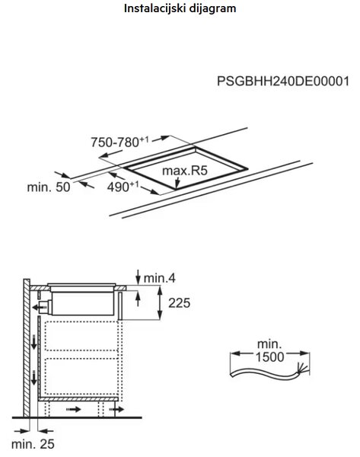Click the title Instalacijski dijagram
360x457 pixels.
[180, 8]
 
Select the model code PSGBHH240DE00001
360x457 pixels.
[283, 81]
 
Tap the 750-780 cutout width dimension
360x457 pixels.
[119, 142]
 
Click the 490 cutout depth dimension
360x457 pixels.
[123, 187]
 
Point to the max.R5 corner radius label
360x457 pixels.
[185, 171]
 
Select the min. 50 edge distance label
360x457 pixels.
[49, 187]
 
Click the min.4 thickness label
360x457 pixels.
[160, 278]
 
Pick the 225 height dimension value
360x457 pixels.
[179, 303]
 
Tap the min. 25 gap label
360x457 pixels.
[33, 444]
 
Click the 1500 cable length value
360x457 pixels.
[269, 357]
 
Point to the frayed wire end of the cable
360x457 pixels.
[302, 369]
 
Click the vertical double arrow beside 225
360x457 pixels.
[160, 303]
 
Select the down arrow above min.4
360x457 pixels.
[138, 276]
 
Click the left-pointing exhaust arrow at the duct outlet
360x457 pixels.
[37, 307]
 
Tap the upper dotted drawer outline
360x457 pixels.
[81, 336]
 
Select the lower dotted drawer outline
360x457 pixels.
[81, 376]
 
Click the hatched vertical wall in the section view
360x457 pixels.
[27, 348]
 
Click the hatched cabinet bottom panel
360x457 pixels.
[78, 398]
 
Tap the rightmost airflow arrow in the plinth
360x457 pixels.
[116, 410]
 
